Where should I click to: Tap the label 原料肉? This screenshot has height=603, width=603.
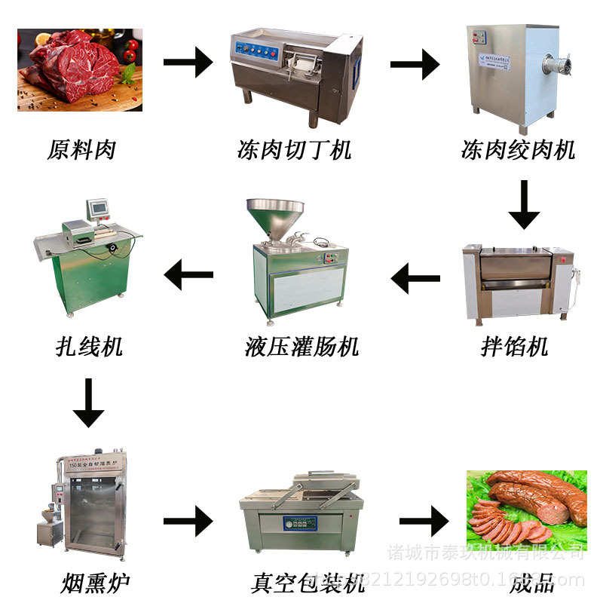(81, 149)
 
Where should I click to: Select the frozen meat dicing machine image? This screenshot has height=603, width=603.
(295, 72)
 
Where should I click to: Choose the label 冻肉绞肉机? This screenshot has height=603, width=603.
(518, 149)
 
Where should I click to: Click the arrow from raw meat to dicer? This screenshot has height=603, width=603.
(188, 62)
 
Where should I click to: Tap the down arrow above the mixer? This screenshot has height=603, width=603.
(523, 204)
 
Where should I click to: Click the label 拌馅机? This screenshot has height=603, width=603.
(514, 347)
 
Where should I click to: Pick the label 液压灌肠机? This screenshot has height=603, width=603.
(301, 347)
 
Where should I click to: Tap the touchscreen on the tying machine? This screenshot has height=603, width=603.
(99, 209)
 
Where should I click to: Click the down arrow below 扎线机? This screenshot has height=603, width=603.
(89, 403)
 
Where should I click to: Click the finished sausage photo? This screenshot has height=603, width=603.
(526, 505)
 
